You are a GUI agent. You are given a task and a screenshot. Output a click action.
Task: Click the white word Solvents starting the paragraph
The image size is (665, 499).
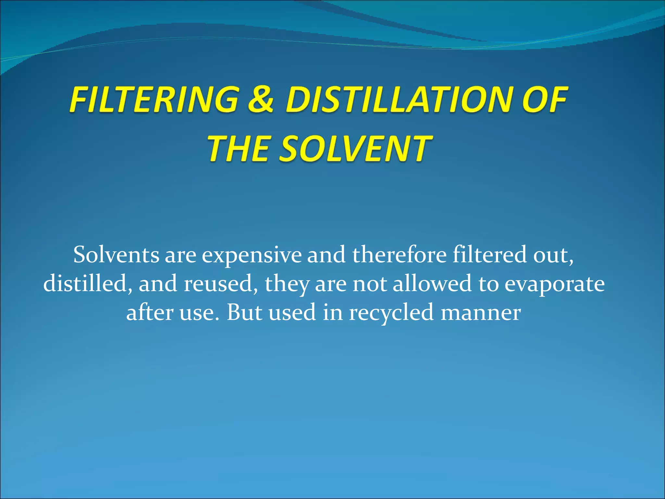116,255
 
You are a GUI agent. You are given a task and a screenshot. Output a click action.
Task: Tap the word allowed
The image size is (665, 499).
432,283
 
